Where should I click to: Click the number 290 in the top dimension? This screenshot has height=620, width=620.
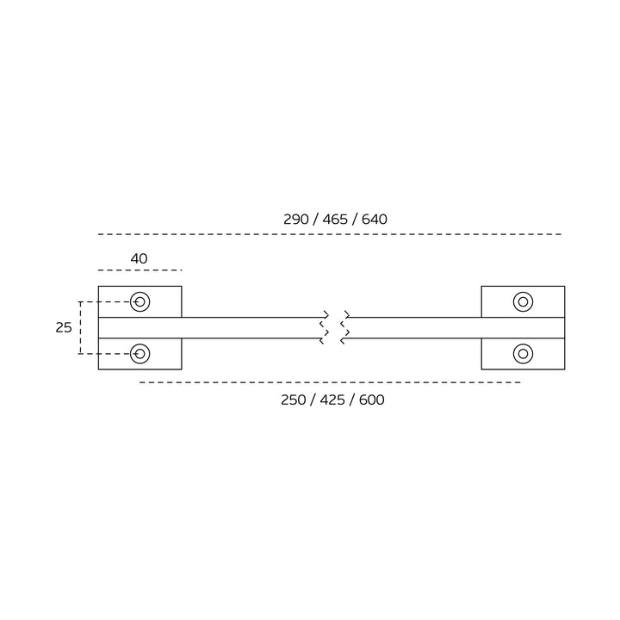(x=295, y=219)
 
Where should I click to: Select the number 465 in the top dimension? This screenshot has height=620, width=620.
(x=335, y=219)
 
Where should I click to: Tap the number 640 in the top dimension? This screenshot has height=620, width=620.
(x=374, y=219)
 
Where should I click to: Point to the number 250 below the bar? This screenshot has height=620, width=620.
(x=294, y=400)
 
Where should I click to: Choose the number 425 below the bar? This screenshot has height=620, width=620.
(x=332, y=400)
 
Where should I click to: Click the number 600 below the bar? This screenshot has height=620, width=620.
(x=372, y=400)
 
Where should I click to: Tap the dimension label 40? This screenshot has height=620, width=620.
(x=139, y=258)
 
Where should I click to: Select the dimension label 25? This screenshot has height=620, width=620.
(x=64, y=328)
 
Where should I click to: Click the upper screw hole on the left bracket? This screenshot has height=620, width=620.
(x=140, y=302)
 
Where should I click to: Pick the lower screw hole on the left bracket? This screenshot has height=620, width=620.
(x=140, y=354)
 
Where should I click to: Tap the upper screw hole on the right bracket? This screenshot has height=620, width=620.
(x=524, y=302)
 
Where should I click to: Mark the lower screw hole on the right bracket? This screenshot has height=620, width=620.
(x=524, y=354)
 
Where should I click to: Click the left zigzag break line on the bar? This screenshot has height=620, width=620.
(x=325, y=327)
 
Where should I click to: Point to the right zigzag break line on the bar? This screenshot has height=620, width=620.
(x=344, y=327)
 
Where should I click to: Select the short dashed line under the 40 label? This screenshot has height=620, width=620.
(x=140, y=270)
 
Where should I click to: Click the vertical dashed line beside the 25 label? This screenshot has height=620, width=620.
(x=80, y=328)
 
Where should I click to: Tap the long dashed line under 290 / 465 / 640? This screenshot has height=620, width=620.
(x=330, y=234)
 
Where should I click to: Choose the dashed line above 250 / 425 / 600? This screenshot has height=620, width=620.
(x=330, y=382)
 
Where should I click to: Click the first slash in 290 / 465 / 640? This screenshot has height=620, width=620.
(x=315, y=219)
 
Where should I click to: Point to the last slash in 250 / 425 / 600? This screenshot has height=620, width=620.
(x=352, y=400)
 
